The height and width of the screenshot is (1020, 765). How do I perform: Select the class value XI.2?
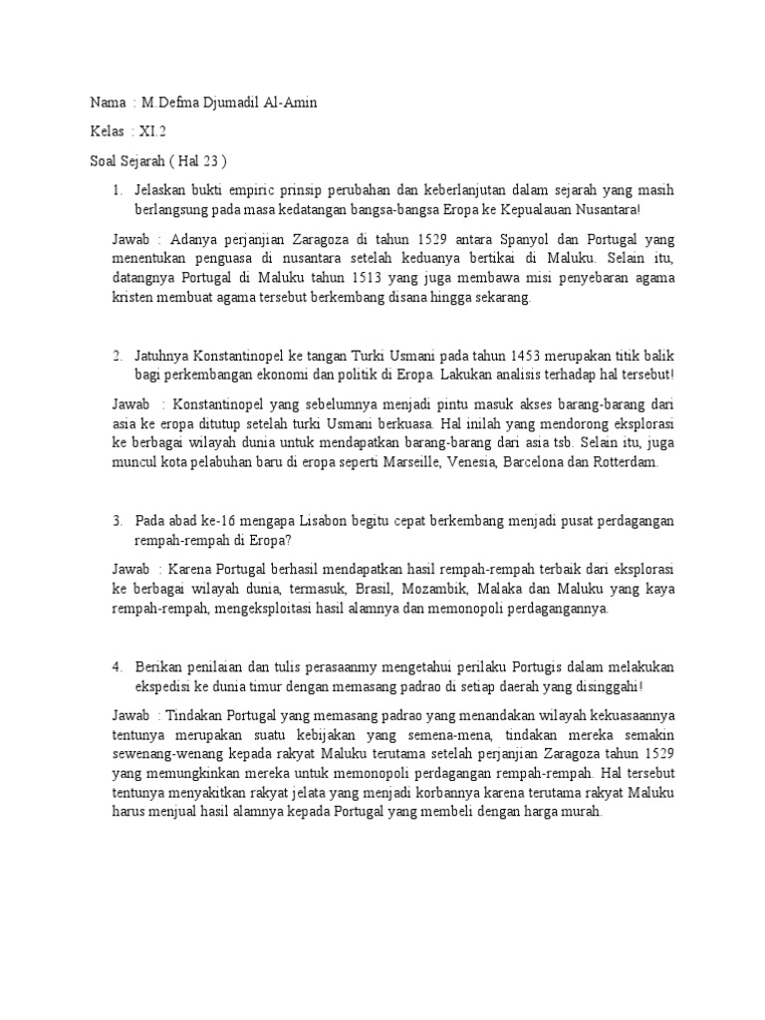point(154,131)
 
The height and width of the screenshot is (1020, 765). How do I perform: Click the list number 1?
point(117,188)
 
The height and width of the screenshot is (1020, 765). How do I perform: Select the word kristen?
point(132,298)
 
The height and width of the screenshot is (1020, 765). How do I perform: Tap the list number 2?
point(117,356)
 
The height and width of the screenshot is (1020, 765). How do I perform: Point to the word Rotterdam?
point(623,464)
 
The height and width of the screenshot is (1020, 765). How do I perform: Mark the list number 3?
point(117,521)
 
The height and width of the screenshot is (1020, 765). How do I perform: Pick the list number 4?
point(117,666)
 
